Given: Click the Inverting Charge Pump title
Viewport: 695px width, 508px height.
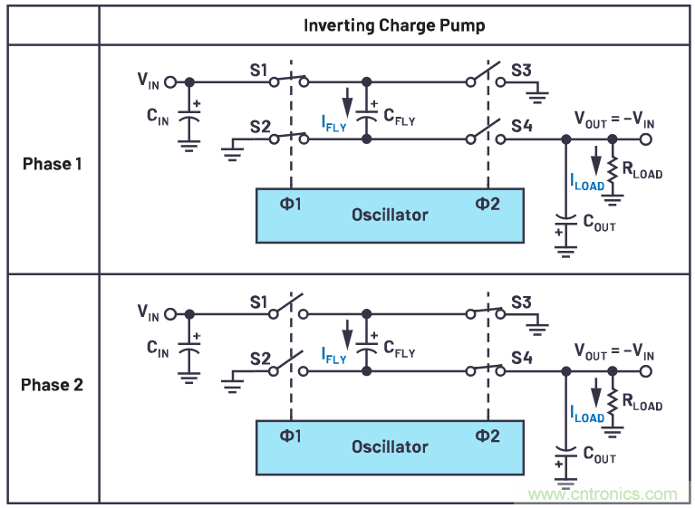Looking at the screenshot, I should pos(394,25).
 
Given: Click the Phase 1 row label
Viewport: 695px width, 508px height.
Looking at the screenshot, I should pos(53,164).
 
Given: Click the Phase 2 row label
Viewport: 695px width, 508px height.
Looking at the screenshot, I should pos(53,385).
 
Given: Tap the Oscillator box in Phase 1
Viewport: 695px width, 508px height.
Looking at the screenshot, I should pos(390,215).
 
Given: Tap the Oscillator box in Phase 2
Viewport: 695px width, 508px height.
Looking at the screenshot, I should pos(390,446).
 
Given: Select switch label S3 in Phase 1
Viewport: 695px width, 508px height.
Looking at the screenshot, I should pos(521,69).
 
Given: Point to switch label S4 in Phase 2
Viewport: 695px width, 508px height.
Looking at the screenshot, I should pos(521,359).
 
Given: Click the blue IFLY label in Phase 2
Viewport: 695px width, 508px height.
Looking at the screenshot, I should pos(333,354).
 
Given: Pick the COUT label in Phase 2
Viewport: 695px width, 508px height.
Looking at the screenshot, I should pos(599,455).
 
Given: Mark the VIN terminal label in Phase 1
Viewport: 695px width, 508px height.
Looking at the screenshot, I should pos(149,80).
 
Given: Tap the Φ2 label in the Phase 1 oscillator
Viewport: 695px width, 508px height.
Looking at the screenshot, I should pos(487,204).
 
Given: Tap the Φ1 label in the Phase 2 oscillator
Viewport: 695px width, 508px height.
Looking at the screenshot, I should pos(291,436).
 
